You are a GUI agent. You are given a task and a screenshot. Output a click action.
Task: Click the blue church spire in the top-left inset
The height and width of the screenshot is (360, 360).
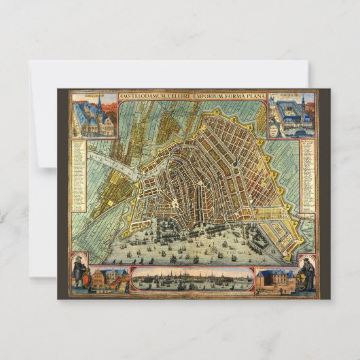click(x=99, y=105)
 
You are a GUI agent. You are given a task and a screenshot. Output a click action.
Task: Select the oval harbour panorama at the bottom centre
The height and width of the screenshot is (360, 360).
click(x=192, y=280)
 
